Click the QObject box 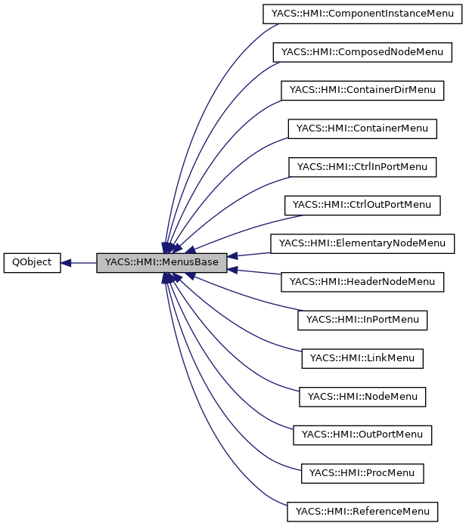(x=32, y=263)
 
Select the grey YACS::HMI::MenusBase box (x=161, y=263)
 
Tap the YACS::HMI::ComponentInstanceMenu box (x=362, y=14)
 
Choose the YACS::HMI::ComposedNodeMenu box (x=362, y=52)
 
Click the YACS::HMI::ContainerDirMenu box (x=362, y=90)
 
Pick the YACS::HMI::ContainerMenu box (x=362, y=128)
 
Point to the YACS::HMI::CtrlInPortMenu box (x=362, y=167)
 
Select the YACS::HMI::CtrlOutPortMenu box (x=362, y=205)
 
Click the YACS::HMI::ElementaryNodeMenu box (x=362, y=243)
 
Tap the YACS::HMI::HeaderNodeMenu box (x=362, y=282)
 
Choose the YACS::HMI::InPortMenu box (x=362, y=320)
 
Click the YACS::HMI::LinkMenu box (x=362, y=358)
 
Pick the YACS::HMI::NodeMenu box (x=362, y=397)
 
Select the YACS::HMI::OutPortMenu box (x=362, y=435)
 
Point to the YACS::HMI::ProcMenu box (x=362, y=473)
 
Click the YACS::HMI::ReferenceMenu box (x=362, y=512)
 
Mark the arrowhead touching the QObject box (x=66, y=263)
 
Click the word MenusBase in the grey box (x=190, y=263)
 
